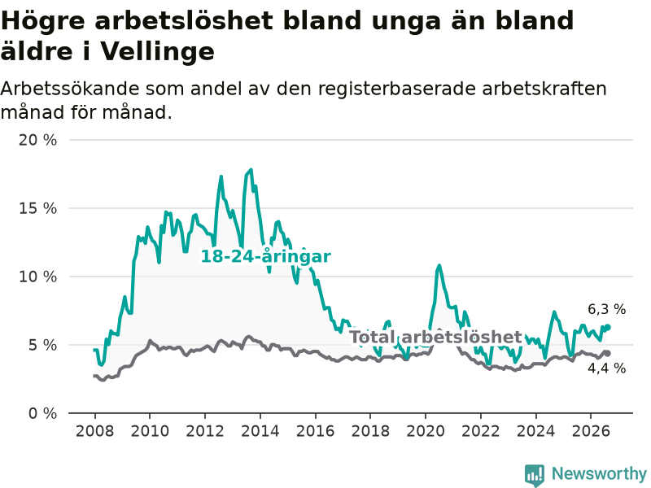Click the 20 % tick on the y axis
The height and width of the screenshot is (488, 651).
pos(37,140)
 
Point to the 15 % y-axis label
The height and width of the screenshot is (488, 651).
pos(37,208)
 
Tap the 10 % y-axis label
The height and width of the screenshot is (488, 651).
pos(37,277)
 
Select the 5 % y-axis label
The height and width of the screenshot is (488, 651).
pos(42,345)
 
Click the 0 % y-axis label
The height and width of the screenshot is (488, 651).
pos(42,413)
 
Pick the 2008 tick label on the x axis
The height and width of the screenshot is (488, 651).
pos(94,431)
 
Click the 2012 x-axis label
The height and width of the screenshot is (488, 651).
pos(205,431)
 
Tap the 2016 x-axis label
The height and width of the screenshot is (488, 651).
pos(315,431)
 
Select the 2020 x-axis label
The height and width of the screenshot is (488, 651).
pos(426,431)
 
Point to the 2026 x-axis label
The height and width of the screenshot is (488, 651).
pos(591,431)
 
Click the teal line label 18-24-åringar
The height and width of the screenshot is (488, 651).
pos(266,256)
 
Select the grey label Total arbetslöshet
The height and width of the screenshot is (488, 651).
pos(435,337)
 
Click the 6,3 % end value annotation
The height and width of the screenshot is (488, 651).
pos(606,309)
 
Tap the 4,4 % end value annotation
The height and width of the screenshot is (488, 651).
pos(606,368)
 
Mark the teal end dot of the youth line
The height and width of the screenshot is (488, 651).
pos(608,327)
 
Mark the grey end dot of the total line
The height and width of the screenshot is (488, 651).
pos(608,354)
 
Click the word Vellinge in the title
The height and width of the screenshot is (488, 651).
pos(157,52)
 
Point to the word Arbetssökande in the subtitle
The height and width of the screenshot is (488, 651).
pos(69,89)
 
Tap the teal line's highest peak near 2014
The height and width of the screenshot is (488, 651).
pos(251,170)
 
